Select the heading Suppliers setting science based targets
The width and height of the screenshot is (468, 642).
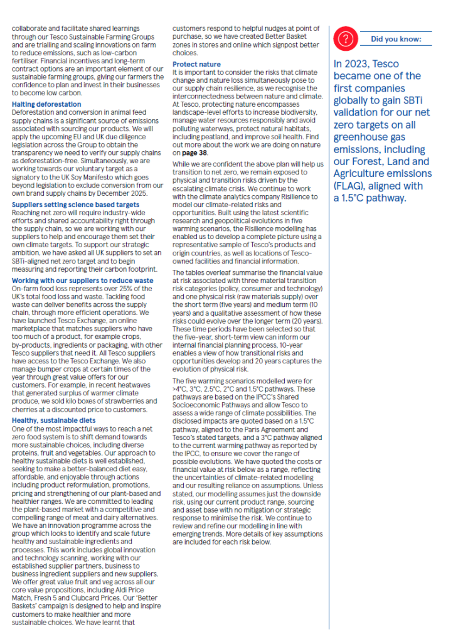point(75,205)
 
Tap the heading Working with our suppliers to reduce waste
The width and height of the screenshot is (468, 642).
point(82,280)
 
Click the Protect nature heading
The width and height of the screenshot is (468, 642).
point(196,65)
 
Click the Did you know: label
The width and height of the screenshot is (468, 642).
point(396,39)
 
